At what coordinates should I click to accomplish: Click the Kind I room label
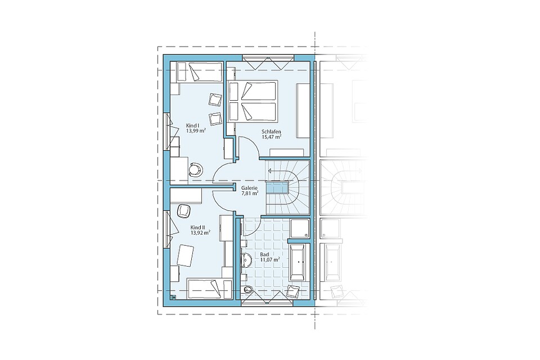192,125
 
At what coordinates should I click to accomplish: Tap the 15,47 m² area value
272,137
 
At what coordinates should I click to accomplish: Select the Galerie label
249,188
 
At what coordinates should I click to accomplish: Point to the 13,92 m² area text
201,232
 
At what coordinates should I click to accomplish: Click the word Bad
264,254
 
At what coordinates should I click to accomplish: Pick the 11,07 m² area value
269,259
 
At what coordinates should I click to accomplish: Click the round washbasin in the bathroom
246,260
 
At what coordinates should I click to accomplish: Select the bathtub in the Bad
297,262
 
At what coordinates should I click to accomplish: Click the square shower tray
299,228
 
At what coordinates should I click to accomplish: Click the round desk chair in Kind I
196,169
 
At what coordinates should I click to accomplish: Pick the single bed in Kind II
209,289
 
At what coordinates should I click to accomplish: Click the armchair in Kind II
183,211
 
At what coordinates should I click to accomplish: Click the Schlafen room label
272,132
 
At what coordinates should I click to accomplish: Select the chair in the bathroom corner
292,292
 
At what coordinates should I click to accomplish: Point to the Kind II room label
198,227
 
